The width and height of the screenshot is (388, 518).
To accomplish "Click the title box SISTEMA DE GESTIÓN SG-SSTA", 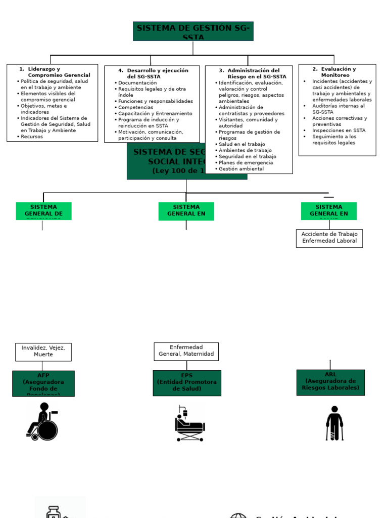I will pyautogui.click(x=193, y=31).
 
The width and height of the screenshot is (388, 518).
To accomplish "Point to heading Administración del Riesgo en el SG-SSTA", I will pyautogui.click(x=250, y=73).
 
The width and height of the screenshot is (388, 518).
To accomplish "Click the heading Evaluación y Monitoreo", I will pyautogui.click(x=337, y=72).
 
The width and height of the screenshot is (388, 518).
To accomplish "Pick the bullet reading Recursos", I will pyautogui.click(x=32, y=137).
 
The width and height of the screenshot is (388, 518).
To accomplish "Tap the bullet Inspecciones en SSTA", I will pyautogui.click(x=338, y=131).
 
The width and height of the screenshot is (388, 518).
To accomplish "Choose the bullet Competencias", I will pyautogui.click(x=135, y=108).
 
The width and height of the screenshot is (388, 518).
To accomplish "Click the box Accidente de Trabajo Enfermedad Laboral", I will pyautogui.click(x=329, y=238).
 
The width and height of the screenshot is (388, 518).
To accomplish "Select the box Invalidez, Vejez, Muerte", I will pyautogui.click(x=43, y=352).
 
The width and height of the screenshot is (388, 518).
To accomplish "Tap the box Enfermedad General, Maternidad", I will pyautogui.click(x=186, y=351).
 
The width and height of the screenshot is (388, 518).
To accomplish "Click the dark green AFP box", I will pyautogui.click(x=43, y=383).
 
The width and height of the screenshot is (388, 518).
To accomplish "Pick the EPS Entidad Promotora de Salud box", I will pyautogui.click(x=187, y=383).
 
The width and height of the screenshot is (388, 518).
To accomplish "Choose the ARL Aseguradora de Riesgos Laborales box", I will pyautogui.click(x=330, y=382).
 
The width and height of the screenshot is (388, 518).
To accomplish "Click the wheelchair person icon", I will pyautogui.click(x=42, y=421).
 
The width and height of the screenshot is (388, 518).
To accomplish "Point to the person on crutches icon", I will pyautogui.click(x=334, y=423).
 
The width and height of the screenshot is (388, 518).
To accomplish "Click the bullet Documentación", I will pyautogui.click(x=137, y=83).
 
